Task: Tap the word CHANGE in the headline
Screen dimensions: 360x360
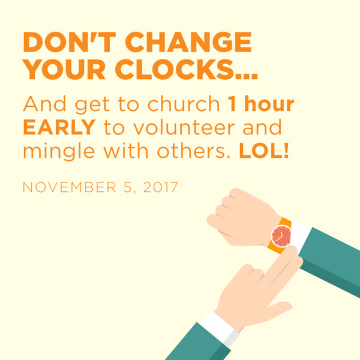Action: pos(188,42)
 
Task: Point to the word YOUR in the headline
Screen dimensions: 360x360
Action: pos(64,69)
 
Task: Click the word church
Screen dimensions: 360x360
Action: pos(184,104)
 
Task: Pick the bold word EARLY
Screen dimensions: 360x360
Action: pos(59,127)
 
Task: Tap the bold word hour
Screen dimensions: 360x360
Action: pos(269,104)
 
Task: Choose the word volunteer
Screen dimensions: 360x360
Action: pos(184,127)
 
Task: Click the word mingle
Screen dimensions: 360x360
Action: pos(59,152)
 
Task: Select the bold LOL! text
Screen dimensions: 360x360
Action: pos(264,151)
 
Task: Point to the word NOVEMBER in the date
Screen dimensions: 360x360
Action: pos(70,187)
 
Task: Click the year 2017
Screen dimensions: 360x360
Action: pos(160,187)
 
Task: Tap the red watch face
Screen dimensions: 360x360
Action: pos(281,236)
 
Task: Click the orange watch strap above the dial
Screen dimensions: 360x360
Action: pos(286,222)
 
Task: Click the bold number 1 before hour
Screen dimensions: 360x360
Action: pos(232,104)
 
